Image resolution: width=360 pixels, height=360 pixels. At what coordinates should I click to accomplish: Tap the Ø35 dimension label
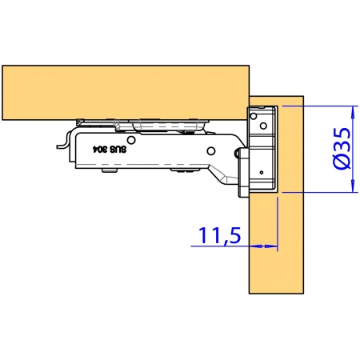[342, 149]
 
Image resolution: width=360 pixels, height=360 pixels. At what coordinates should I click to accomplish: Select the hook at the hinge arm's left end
[60, 144]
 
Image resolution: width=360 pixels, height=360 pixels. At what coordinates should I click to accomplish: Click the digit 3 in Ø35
[342, 144]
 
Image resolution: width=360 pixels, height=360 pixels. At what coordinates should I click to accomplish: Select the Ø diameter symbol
[342, 162]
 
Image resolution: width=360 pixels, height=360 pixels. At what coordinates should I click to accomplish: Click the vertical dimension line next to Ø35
[353, 149]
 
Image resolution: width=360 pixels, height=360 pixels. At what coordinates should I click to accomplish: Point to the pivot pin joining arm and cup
[238, 152]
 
